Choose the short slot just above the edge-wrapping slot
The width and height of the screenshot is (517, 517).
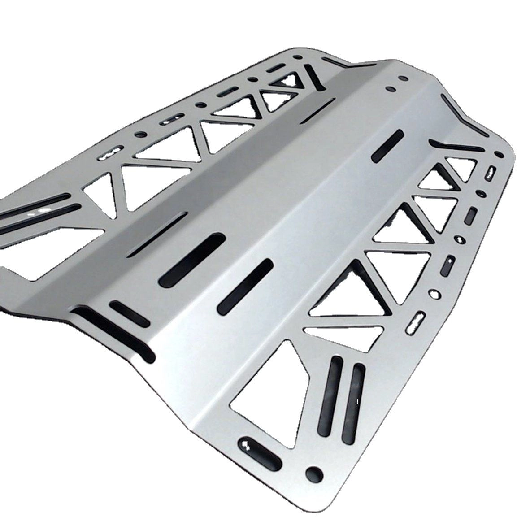[130, 313]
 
